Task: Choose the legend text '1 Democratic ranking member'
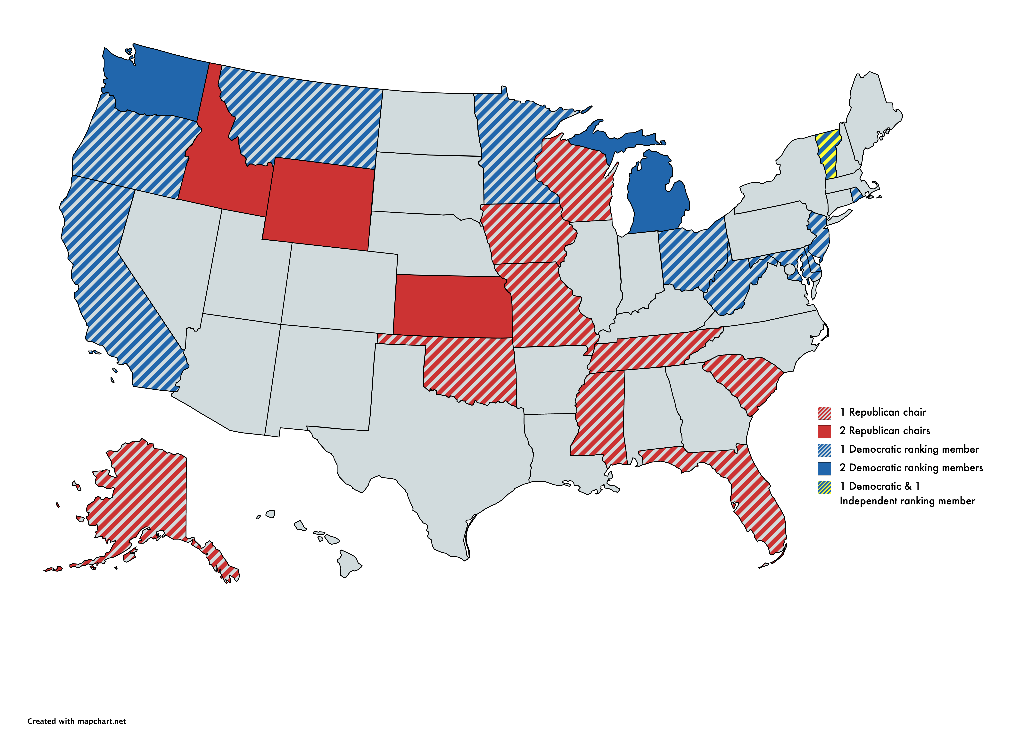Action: pos(909,449)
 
